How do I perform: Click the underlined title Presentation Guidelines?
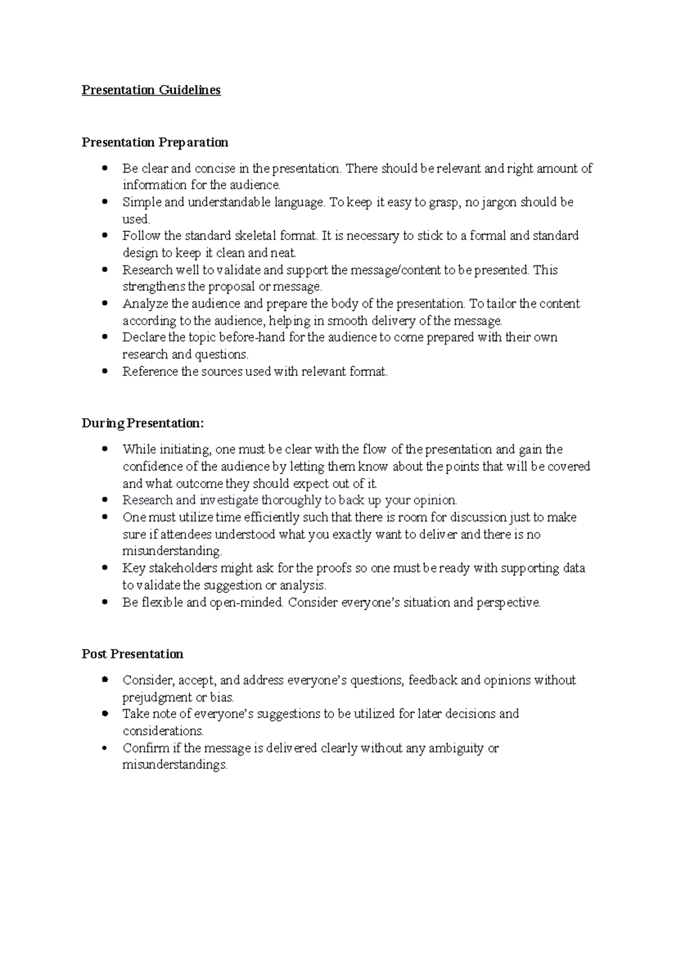[151, 90]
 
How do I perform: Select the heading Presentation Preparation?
[155, 142]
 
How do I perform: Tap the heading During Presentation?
[143, 423]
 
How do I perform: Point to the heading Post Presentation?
[132, 654]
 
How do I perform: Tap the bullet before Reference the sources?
[105, 371]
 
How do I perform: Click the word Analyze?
[145, 304]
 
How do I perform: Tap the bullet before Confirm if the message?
[105, 748]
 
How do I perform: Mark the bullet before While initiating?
[105, 449]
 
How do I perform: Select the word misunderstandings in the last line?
[175, 765]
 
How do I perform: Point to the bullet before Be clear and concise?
[105, 168]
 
